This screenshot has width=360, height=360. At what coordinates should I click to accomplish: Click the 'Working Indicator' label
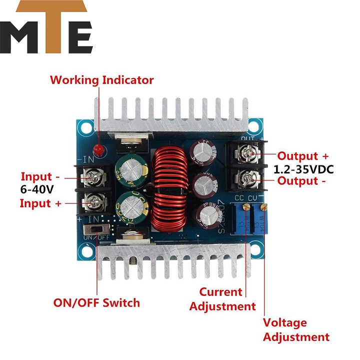[101, 80]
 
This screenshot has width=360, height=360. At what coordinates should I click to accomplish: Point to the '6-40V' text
[36, 190]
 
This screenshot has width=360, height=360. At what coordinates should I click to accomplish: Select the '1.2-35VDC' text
[303, 169]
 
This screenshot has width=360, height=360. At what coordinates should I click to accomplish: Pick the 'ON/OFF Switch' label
[96, 302]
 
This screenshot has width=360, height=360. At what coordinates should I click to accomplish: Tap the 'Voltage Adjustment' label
[296, 329]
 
